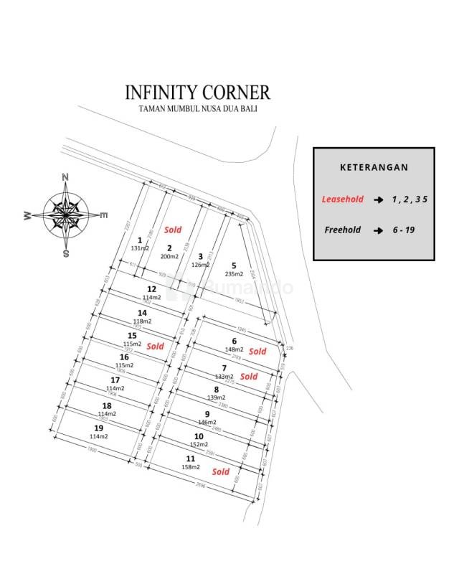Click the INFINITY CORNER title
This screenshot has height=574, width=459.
coord(197,93)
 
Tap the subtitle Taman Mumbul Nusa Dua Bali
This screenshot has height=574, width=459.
coord(197,109)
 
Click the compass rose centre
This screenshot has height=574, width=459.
coord(65,214)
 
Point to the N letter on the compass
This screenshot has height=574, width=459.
coord(65,177)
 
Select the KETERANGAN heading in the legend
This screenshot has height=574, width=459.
coord(374,167)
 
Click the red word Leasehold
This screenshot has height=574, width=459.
coord(342,199)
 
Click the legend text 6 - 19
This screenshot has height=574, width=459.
coord(403,230)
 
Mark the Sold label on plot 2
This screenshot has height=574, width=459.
coord(173,230)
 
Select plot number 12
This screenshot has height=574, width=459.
coord(151,289)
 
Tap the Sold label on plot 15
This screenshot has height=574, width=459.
coord(155,346)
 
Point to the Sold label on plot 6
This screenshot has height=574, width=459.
coord(257,352)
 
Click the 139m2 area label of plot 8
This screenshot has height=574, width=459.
coord(216,397)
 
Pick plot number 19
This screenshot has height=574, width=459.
coord(98,428)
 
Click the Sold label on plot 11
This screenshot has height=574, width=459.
coord(221,471)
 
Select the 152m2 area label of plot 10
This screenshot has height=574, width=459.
coord(199,444)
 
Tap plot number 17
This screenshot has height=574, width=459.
coord(115,380)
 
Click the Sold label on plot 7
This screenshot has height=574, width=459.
coord(249,376)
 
